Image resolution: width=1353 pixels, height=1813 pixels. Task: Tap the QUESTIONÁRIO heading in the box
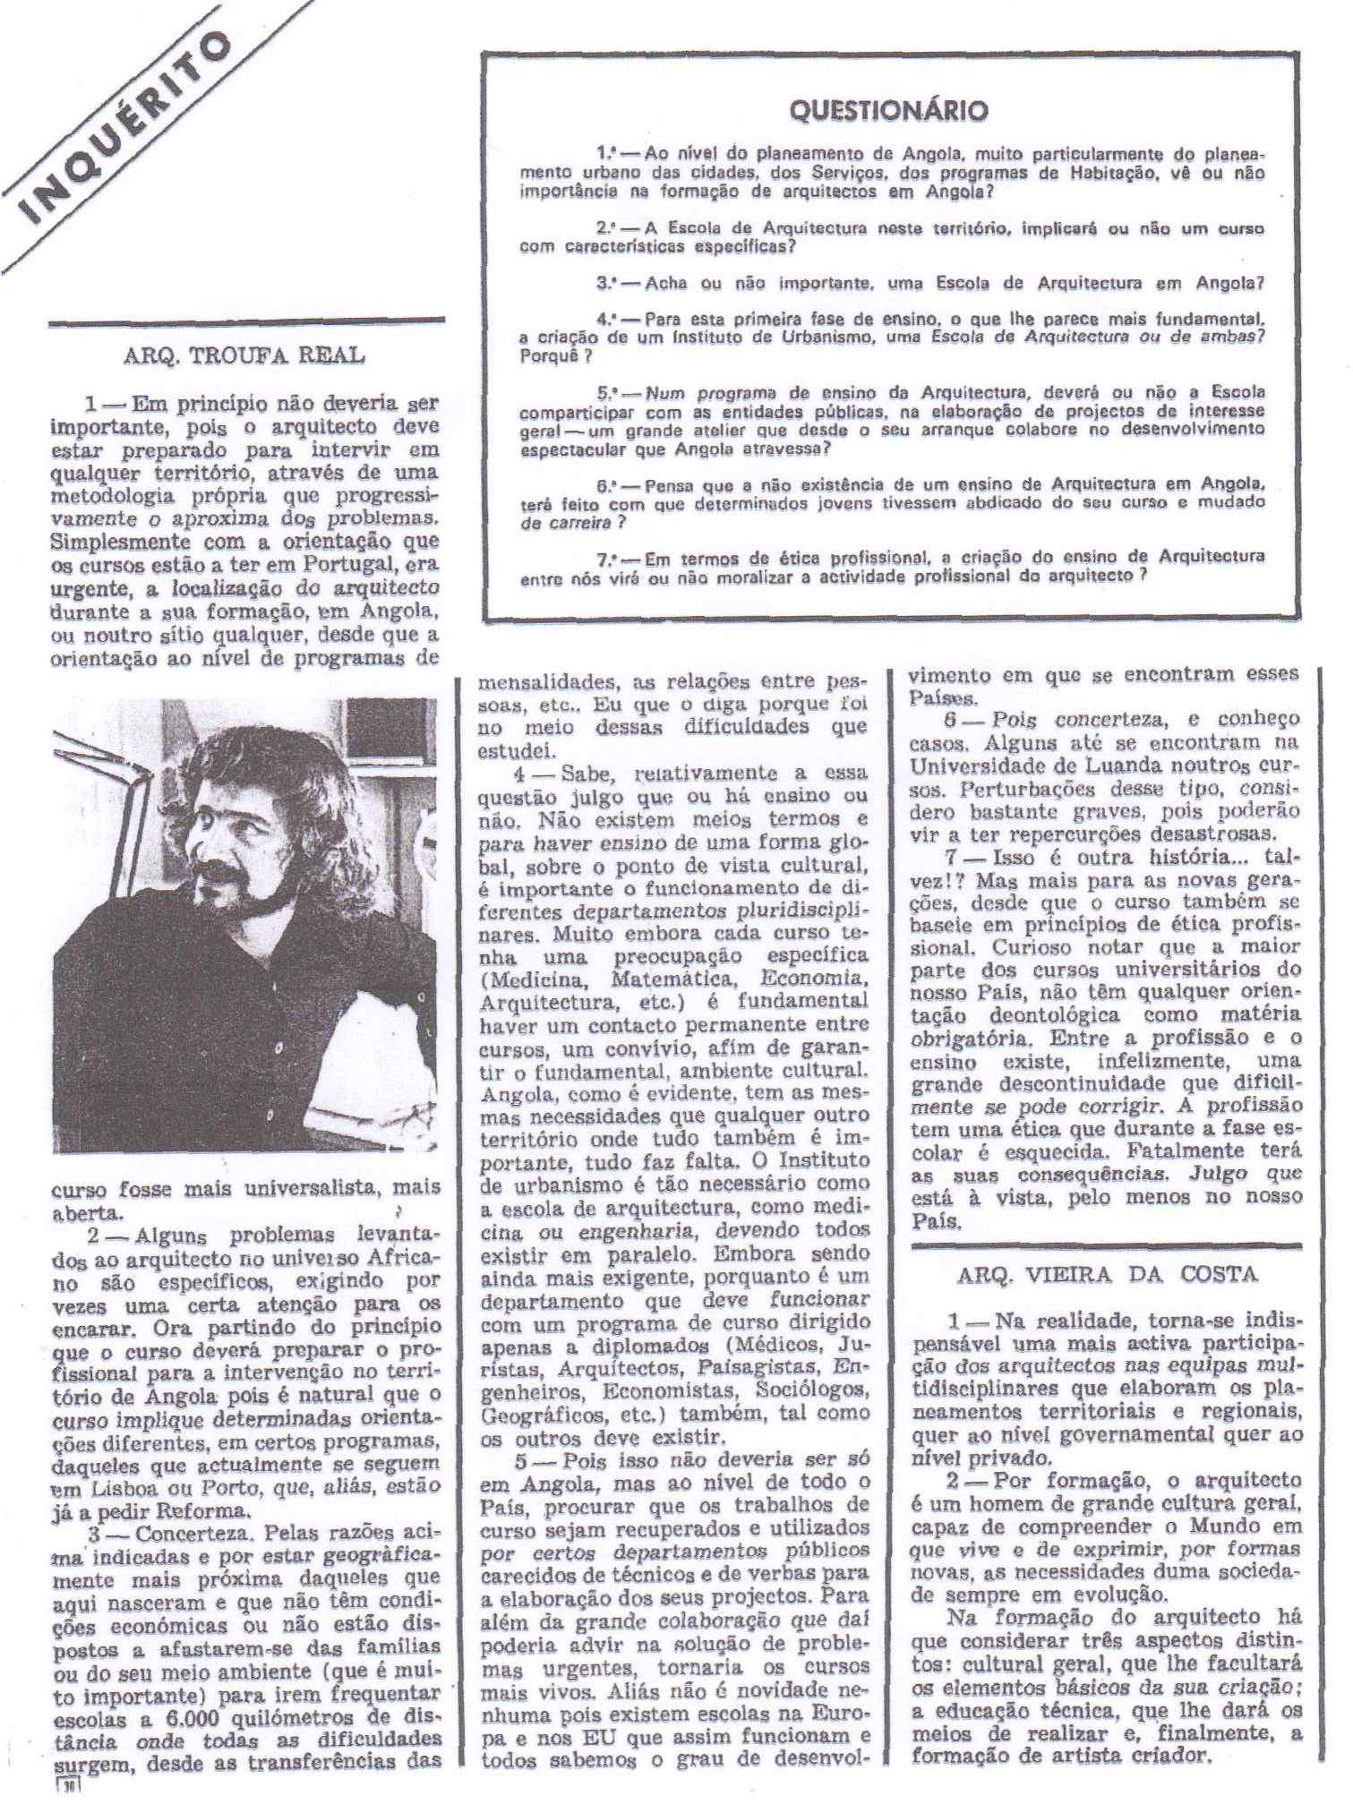pos(887,110)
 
